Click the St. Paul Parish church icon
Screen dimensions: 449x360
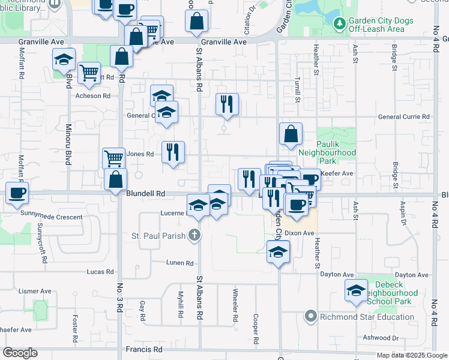193,235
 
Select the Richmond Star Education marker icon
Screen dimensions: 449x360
310,316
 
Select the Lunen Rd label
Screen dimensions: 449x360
181,263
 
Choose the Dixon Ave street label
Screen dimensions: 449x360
300,233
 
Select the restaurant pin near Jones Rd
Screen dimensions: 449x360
173,152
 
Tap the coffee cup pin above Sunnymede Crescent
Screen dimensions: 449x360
17,193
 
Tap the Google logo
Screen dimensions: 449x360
20,353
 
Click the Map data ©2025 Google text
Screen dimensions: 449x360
412,355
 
